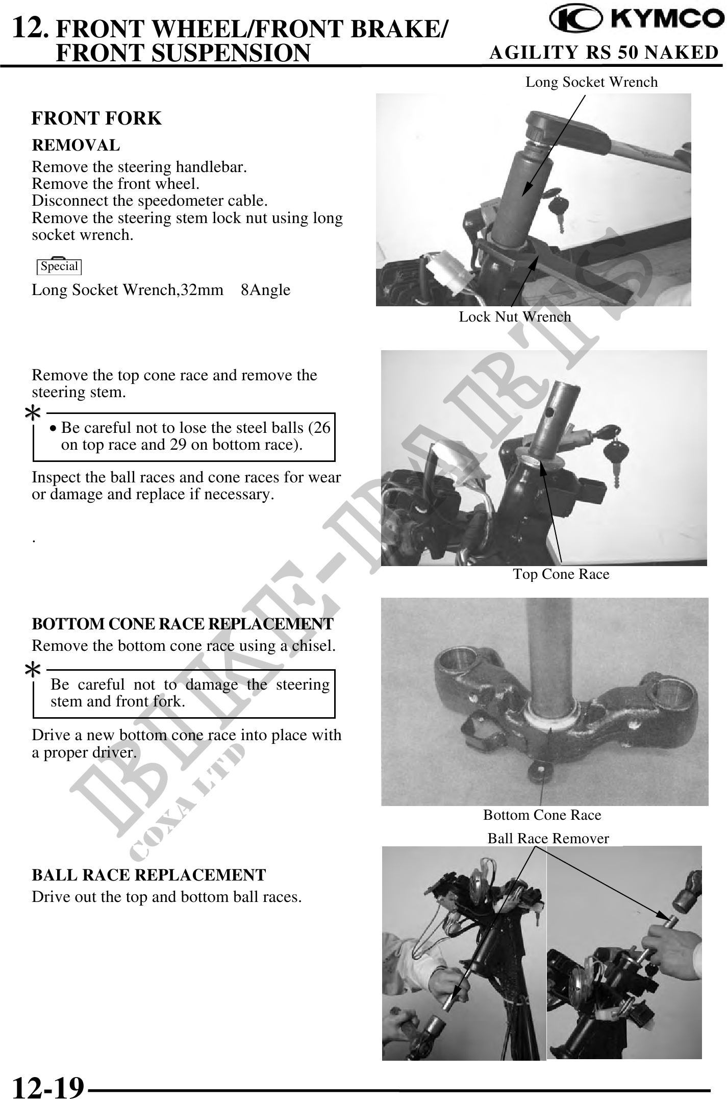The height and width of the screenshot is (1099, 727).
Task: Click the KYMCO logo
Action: click(636, 20)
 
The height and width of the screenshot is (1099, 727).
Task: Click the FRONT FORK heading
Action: click(96, 118)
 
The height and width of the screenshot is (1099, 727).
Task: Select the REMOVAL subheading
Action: click(76, 145)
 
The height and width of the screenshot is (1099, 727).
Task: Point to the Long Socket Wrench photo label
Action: click(592, 82)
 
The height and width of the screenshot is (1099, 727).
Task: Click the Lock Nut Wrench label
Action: click(515, 317)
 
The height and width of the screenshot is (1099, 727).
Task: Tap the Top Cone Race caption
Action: click(561, 574)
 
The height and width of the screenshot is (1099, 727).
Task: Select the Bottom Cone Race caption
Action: click(542, 815)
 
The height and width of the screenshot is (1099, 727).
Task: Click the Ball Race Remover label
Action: click(548, 839)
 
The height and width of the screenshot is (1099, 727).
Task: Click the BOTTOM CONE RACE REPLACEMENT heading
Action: click(183, 624)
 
